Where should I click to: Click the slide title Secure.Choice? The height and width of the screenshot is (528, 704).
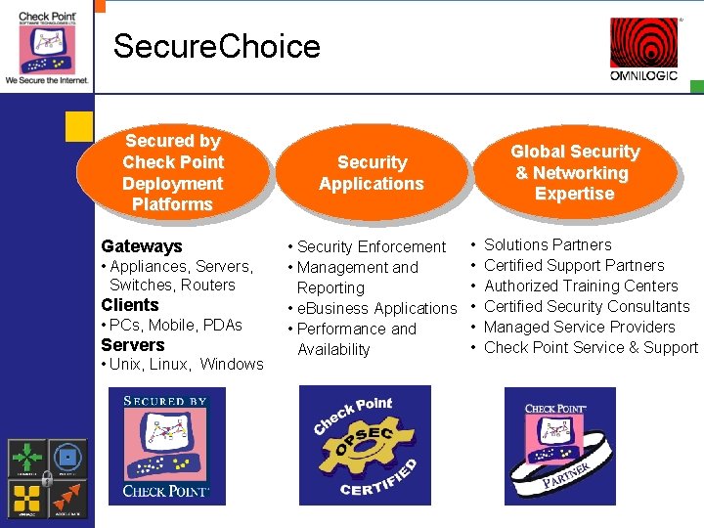tap(216, 46)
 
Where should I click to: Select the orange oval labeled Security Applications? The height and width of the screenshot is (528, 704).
tap(372, 173)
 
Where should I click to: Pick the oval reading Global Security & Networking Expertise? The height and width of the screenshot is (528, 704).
tap(575, 172)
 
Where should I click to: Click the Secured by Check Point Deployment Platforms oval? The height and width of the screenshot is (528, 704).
tap(173, 173)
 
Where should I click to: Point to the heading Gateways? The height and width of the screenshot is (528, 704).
tap(142, 246)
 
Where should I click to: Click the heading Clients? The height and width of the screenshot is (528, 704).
tap(130, 305)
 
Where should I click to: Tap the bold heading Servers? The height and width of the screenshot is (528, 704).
tap(133, 345)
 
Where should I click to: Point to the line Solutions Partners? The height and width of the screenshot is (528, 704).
tap(548, 244)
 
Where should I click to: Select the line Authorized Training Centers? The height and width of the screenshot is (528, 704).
tap(581, 286)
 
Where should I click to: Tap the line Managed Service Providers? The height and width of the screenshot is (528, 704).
tap(579, 327)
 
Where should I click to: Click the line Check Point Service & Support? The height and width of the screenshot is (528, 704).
tap(591, 347)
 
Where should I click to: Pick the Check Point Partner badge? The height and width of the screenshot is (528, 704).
tap(560, 446)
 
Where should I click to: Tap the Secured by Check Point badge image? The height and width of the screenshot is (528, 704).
tap(167, 446)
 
